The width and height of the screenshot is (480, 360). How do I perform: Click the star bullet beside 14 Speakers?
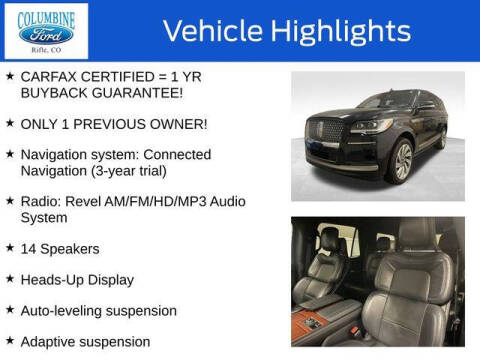click(9, 247)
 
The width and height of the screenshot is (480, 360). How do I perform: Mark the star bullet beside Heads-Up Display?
click(9, 278)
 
